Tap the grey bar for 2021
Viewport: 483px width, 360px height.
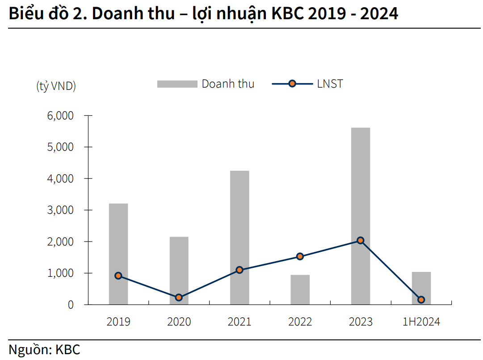[239, 224]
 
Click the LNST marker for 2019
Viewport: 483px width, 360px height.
[118, 276]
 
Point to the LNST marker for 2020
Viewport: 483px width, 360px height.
[179, 297]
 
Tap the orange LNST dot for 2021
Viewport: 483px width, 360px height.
[239, 270]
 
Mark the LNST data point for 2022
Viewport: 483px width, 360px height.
[300, 257]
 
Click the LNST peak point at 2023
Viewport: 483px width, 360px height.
[361, 241]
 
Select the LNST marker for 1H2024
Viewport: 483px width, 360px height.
[421, 300]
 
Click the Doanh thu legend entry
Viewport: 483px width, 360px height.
[206, 84]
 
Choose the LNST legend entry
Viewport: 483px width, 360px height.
[308, 84]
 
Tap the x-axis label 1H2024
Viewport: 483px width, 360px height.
[421, 322]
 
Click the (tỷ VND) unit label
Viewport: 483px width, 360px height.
[56, 86]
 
